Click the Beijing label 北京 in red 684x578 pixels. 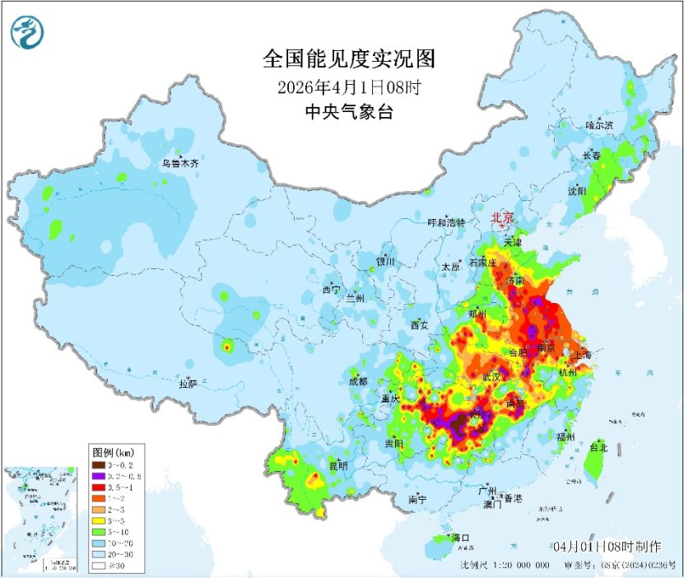(x=502, y=217)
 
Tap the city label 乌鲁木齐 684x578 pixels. (x=180, y=164)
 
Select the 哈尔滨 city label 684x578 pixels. (x=599, y=125)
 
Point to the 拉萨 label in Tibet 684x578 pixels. (x=188, y=384)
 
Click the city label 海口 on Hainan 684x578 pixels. (x=461, y=538)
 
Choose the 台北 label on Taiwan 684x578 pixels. (x=598, y=448)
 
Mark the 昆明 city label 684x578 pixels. (x=338, y=466)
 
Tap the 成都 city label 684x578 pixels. (x=358, y=381)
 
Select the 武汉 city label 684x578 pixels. (x=491, y=376)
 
